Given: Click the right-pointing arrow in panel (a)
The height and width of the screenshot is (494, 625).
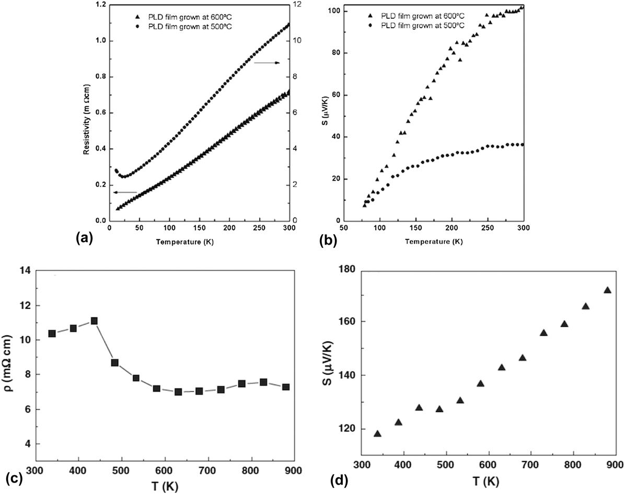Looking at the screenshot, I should point(267,63).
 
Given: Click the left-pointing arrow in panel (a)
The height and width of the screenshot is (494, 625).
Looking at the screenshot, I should point(124,192).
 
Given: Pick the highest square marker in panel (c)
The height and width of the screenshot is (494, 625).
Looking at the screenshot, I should point(94,321).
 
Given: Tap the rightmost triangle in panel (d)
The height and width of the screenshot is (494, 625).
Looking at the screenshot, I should point(607,290).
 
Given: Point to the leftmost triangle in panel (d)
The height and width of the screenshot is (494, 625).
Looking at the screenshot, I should point(377,433).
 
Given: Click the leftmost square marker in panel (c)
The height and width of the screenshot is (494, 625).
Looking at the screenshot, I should point(52,334).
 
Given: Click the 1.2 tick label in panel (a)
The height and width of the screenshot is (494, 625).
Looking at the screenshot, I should point(98,4).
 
